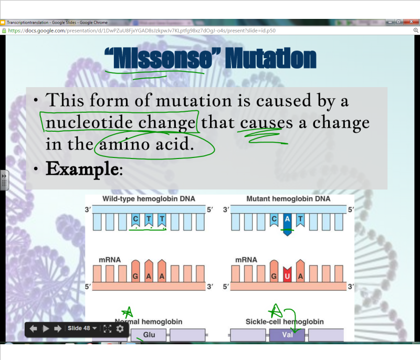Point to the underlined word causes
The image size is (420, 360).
coord(265,123)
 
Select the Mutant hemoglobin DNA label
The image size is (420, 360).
coord(288,199)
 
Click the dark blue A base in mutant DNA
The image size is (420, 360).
coord(287,219)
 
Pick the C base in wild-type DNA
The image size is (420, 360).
coord(135,219)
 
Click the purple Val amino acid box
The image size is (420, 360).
coord(287,335)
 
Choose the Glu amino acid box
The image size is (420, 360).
coord(149,335)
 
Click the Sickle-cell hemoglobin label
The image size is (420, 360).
coord(285,321)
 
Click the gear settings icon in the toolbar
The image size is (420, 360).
coord(120,329)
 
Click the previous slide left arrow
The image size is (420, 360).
coord(33,329)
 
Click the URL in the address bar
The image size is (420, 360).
coord(142,30)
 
